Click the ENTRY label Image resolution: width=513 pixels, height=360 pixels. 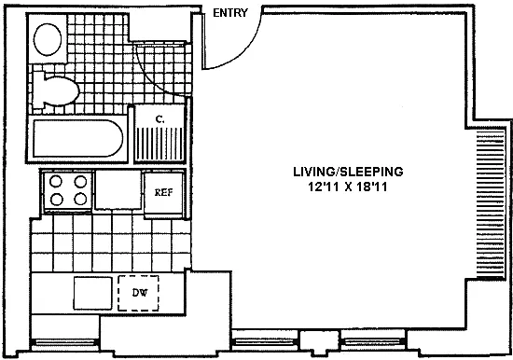[x=230, y=13]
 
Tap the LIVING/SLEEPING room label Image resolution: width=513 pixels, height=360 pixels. [x=348, y=172]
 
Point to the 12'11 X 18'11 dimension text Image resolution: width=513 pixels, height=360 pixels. [x=348, y=187]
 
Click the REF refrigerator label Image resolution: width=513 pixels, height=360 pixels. [x=163, y=192]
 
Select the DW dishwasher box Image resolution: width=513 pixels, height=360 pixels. [x=138, y=293]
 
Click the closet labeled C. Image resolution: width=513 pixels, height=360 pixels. [x=159, y=133]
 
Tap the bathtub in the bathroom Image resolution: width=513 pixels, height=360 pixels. [x=77, y=138]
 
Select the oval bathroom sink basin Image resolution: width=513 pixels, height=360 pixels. [x=48, y=39]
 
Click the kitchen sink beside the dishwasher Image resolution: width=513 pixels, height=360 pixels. [x=93, y=293]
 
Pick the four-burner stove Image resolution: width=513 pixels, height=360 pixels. [x=68, y=190]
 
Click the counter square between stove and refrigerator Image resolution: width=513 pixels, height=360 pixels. [x=118, y=190]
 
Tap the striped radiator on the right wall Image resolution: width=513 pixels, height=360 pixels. [x=490, y=204]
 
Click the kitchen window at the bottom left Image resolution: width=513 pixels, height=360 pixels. [x=64, y=342]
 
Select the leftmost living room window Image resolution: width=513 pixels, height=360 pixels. [x=265, y=342]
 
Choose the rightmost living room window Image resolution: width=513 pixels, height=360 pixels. [x=373, y=342]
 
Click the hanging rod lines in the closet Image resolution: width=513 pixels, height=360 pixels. [x=159, y=144]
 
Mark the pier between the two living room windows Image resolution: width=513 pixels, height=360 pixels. [x=319, y=342]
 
